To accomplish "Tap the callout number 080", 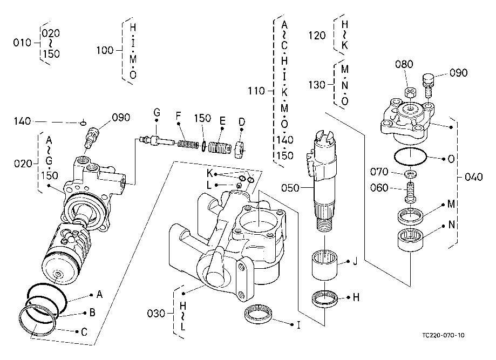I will (404, 64).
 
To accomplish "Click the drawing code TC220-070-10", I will (444, 335).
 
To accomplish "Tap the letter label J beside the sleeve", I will (355, 263).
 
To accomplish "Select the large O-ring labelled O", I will (411, 157).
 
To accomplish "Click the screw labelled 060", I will (411, 191).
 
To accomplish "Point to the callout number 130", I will (317, 85).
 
